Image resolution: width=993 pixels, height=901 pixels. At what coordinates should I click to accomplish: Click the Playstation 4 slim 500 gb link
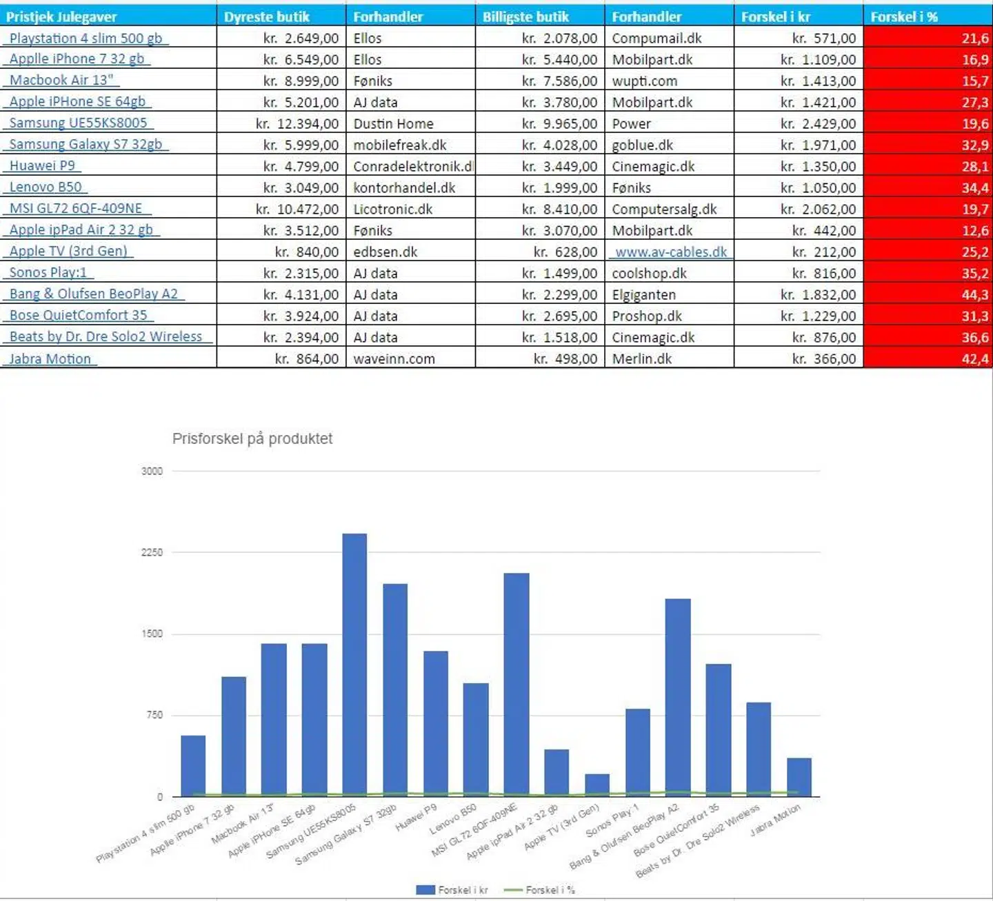[86, 38]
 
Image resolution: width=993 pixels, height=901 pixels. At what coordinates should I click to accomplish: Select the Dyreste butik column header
[267, 17]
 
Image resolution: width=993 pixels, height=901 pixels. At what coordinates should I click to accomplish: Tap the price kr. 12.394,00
[297, 123]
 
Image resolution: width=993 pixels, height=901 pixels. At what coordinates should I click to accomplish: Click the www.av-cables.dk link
[670, 252]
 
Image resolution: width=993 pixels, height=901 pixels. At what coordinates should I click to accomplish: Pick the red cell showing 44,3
[927, 294]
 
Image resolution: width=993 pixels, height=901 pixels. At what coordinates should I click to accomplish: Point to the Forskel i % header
[904, 17]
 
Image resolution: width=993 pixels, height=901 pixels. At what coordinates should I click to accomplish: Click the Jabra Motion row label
[50, 358]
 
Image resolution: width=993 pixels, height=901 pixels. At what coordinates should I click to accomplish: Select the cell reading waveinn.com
[394, 358]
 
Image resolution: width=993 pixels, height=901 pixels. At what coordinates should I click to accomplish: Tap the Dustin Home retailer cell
[393, 123]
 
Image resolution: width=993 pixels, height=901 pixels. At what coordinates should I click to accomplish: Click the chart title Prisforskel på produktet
[252, 438]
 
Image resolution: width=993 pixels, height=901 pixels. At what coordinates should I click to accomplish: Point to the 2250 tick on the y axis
[152, 552]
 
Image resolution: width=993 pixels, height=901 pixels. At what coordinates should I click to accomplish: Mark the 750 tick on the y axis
[154, 715]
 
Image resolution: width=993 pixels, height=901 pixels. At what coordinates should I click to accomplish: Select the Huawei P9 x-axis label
[417, 817]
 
